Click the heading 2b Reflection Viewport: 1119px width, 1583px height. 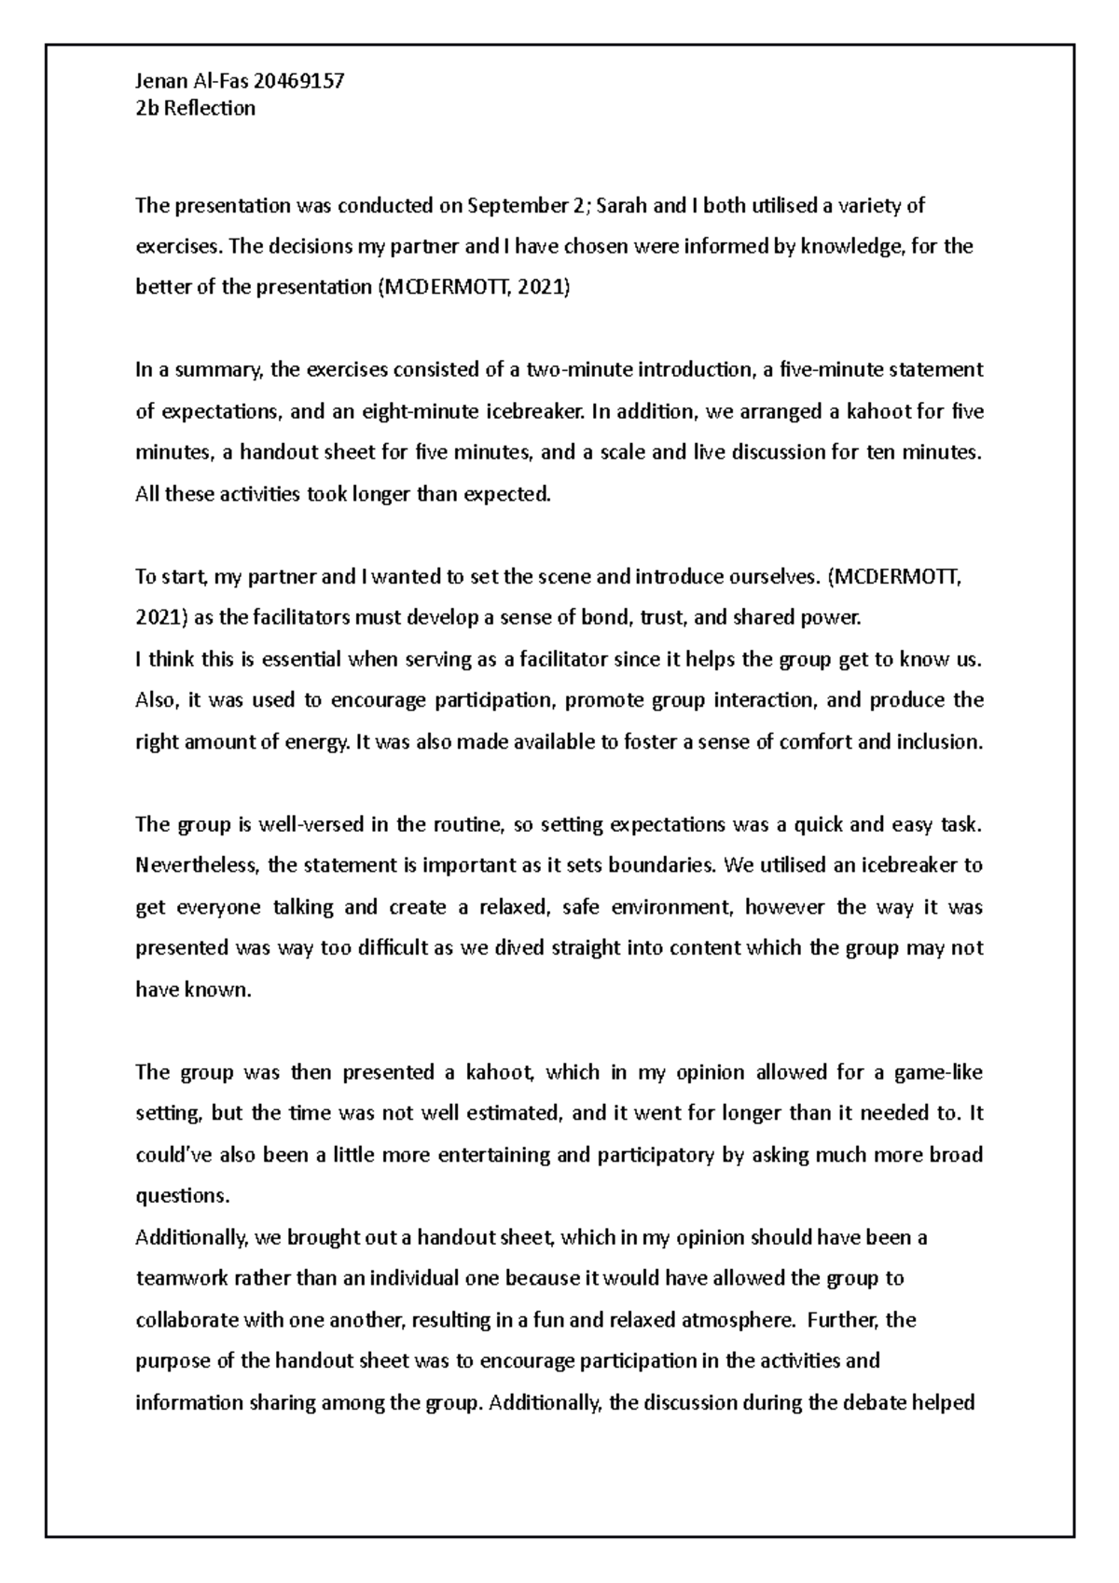(195, 108)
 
